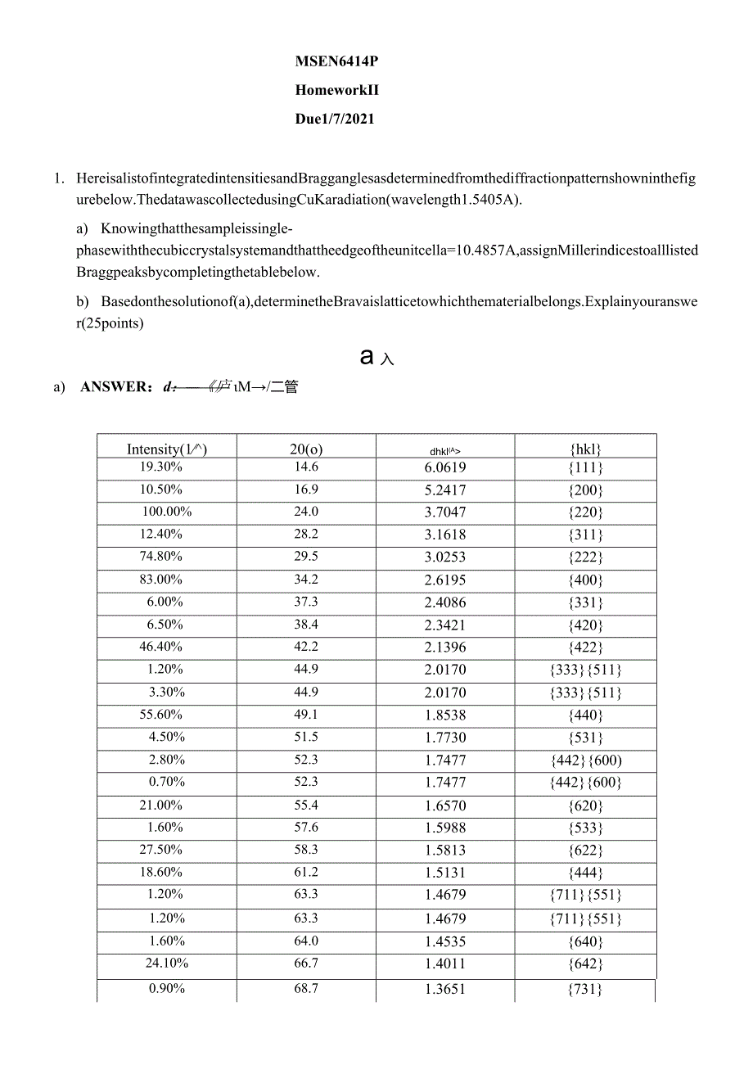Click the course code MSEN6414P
pos(336,61)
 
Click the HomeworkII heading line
pos(336,90)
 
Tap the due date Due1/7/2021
pos(335,119)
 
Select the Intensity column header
pos(166,449)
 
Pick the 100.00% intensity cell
pos(166,512)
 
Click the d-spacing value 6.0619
pos(445,467)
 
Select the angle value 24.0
pos(306,512)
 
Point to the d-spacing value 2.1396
pos(445,648)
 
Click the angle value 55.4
pos(306,806)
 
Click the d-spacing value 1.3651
pos(445,989)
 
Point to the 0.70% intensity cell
pos(166,782)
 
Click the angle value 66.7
pos(306,963)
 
